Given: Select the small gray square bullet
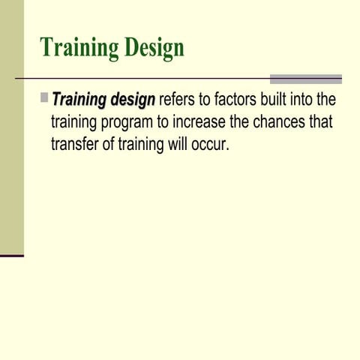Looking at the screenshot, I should click(x=44, y=97).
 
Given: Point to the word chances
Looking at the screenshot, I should click(x=280, y=121).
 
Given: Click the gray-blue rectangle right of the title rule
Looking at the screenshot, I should click(x=305, y=79).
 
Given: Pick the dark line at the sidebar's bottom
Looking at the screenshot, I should click(x=11, y=256).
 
